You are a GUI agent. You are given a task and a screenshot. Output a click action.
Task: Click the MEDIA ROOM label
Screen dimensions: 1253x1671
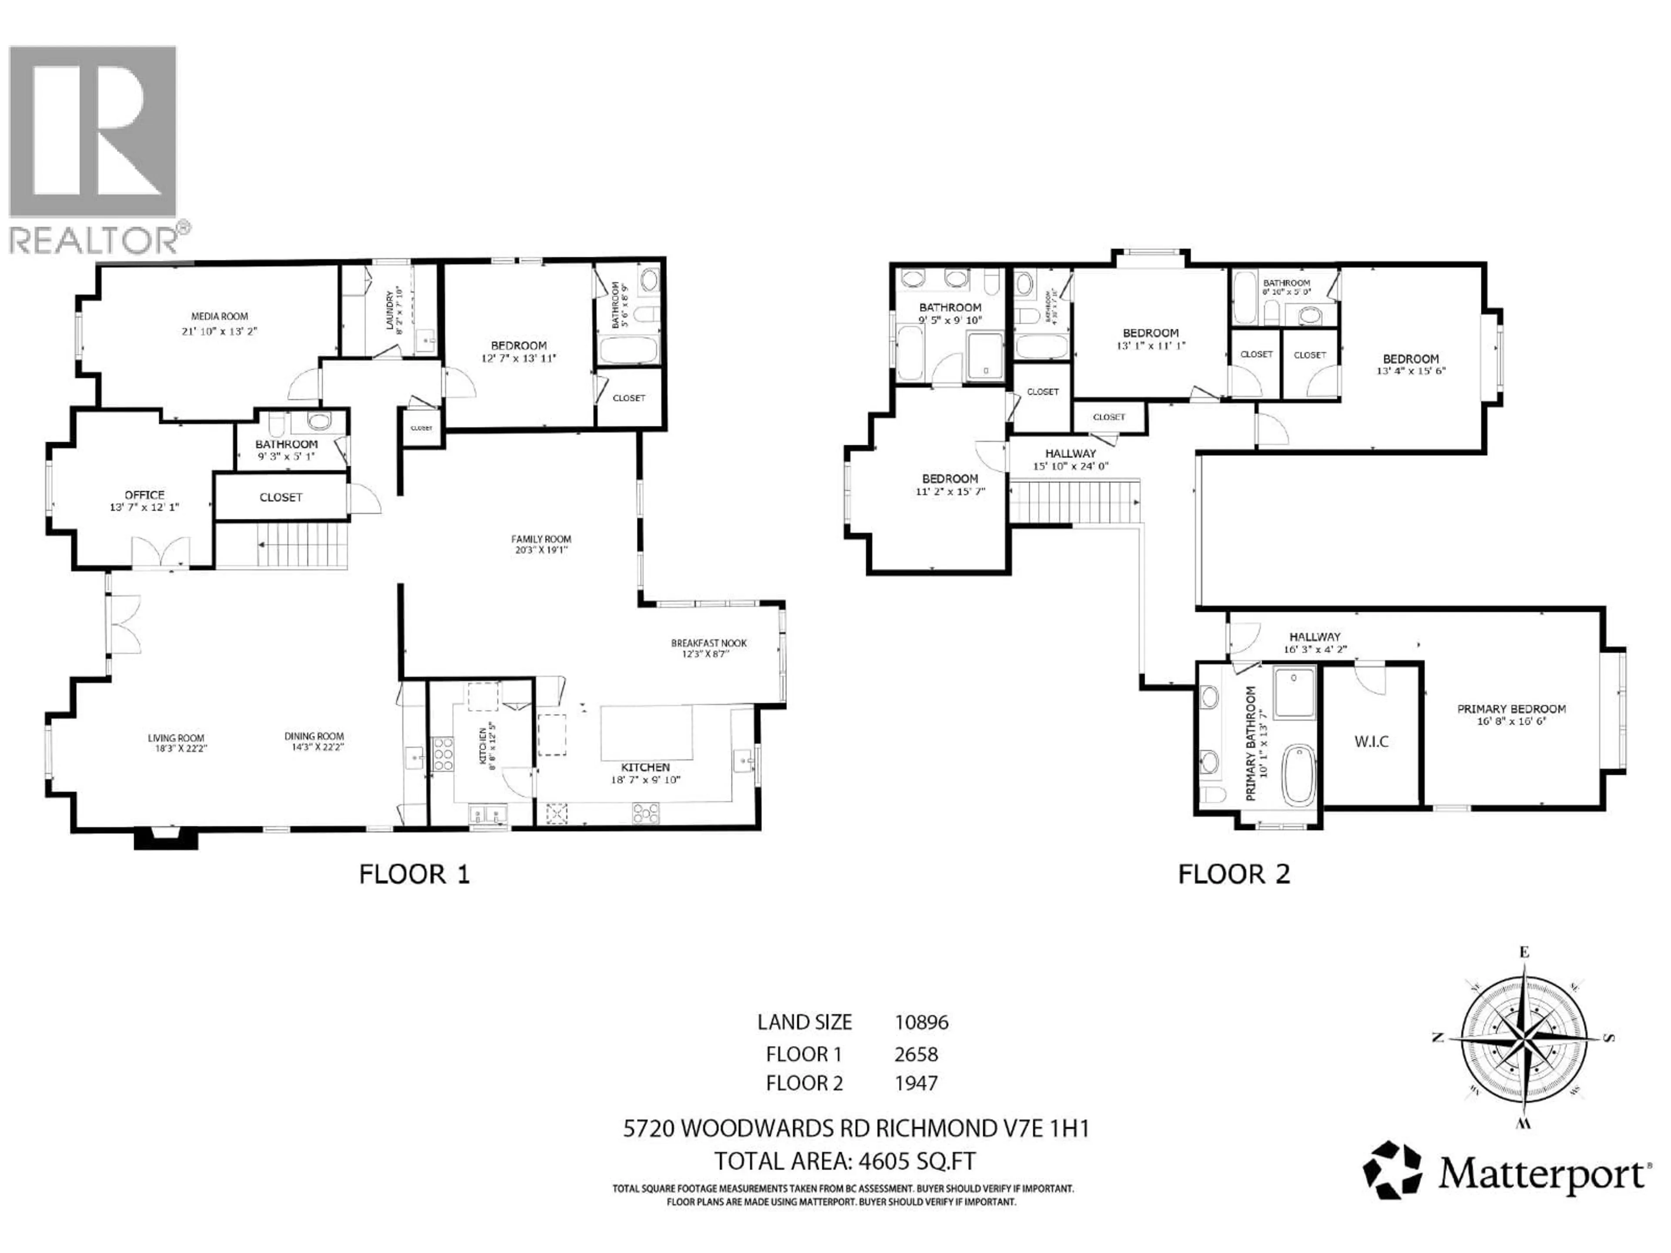[219, 316]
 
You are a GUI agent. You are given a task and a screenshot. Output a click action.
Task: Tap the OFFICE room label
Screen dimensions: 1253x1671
[144, 495]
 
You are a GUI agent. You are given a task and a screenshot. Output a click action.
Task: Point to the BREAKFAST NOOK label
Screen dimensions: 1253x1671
[708, 643]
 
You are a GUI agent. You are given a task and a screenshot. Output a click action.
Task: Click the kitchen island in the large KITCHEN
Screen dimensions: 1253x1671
[647, 733]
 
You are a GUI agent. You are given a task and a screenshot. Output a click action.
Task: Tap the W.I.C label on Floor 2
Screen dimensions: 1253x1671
[1371, 742]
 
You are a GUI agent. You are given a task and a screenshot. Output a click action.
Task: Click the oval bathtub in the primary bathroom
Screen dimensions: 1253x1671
[1299, 774]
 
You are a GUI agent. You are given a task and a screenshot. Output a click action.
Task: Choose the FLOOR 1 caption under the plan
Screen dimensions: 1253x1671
[414, 874]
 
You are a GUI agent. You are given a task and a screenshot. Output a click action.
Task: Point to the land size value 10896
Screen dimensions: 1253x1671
[921, 1023]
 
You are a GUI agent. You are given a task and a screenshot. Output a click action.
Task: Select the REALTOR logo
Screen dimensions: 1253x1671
[94, 147]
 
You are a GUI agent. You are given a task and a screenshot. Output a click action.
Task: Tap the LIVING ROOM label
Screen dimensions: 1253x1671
[176, 738]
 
